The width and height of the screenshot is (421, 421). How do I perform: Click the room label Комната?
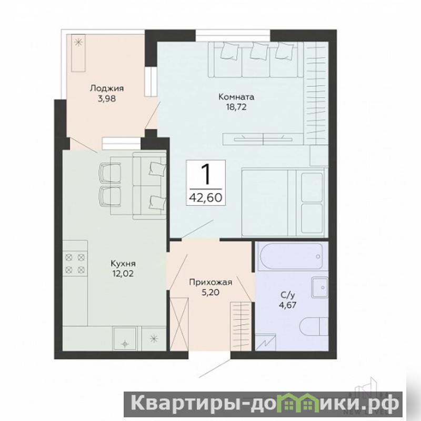coord(236,97)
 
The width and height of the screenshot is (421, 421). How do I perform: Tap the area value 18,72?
coord(236,107)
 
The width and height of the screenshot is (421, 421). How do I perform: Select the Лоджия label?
coord(107,88)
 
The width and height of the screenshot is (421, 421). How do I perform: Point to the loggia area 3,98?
coord(107,99)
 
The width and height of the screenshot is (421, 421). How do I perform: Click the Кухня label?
coord(123,264)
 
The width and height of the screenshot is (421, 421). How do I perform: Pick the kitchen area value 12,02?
coord(123,274)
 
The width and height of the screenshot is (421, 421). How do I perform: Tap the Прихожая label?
coord(211,282)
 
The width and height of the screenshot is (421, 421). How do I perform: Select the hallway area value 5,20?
coord(211,292)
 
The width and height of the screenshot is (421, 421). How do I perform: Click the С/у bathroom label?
coord(288,295)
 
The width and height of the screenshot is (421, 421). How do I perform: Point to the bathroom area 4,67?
coord(288,305)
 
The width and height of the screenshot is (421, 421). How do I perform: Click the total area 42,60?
coord(206,198)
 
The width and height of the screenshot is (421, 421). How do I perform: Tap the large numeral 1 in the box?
coord(206,175)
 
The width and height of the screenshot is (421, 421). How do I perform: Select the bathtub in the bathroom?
coord(290,256)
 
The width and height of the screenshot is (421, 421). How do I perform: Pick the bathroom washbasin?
coord(320,288)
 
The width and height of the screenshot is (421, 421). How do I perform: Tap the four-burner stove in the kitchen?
coord(75,264)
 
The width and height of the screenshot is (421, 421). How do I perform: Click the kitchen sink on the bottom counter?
coord(125,338)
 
